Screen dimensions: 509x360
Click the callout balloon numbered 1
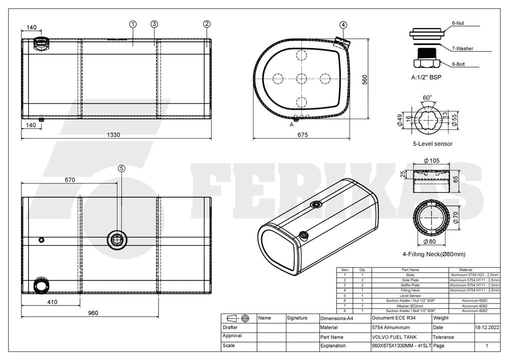(133, 24)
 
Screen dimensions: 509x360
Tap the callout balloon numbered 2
(207, 23)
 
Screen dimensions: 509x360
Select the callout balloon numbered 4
(343, 24)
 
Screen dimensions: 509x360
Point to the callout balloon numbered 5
(121, 168)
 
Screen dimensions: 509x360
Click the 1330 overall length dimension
(113, 134)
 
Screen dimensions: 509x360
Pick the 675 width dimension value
(302, 134)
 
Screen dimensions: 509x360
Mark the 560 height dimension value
(364, 80)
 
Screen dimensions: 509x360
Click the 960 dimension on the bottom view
(93, 313)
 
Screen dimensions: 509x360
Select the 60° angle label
(427, 97)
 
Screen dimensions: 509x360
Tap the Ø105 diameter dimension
(431, 160)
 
